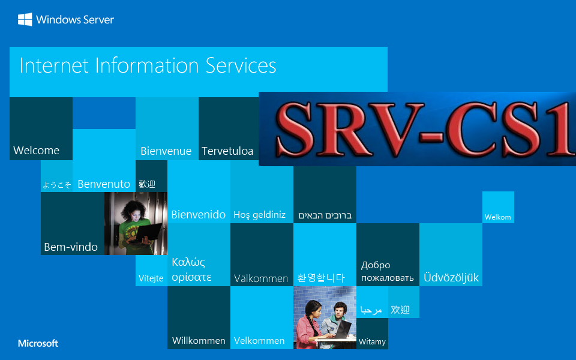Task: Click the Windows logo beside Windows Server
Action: click(x=25, y=19)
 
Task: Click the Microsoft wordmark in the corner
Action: click(x=38, y=343)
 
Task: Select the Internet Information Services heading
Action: click(x=148, y=66)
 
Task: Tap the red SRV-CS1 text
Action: click(x=424, y=129)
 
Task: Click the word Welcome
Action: click(x=37, y=150)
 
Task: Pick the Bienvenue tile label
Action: click(x=166, y=151)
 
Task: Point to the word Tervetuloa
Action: click(x=227, y=151)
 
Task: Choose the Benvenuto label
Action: click(x=104, y=184)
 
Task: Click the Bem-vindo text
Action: click(x=71, y=247)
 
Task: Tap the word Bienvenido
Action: click(x=199, y=215)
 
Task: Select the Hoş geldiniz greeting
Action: click(x=260, y=215)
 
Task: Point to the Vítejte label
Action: click(x=151, y=278)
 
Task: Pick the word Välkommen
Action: click(x=261, y=278)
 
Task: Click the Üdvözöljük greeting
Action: click(x=451, y=277)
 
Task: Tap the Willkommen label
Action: click(x=199, y=341)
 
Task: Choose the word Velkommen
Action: click(x=259, y=341)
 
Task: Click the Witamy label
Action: click(x=372, y=342)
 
